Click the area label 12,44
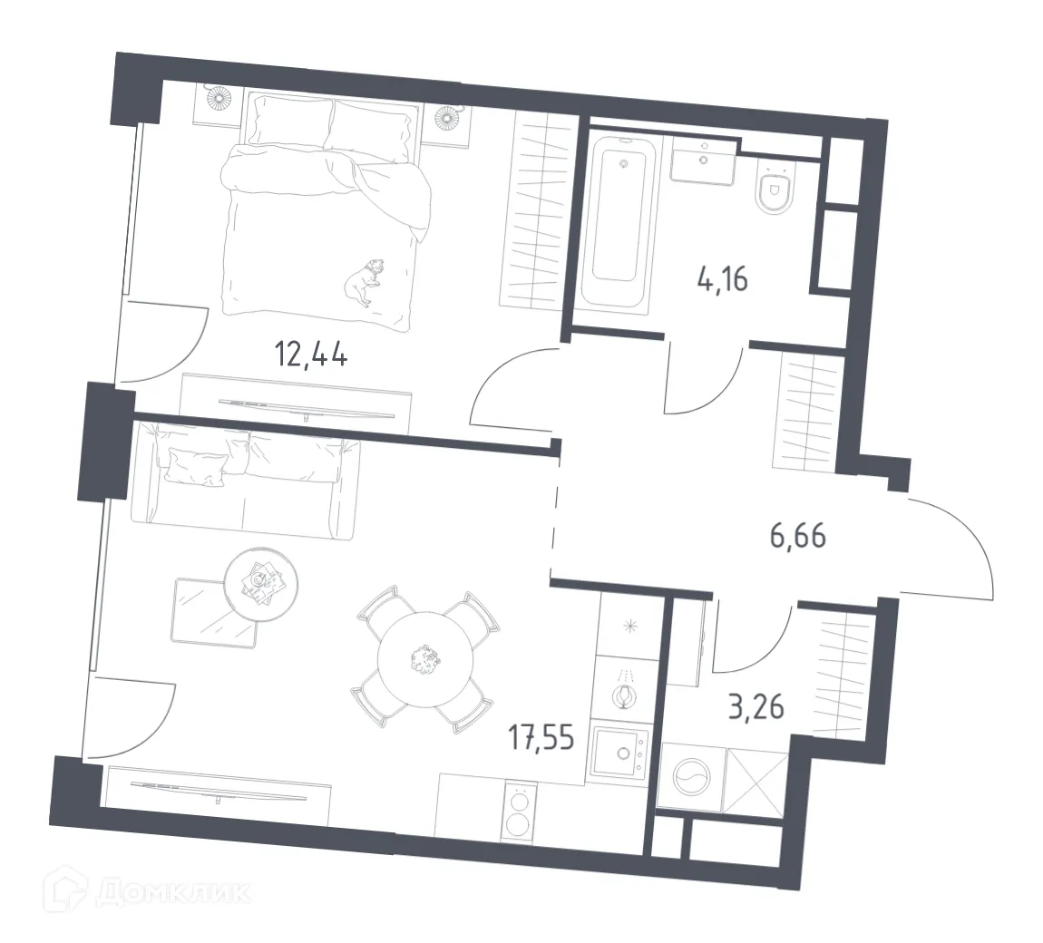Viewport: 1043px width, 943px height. click(x=311, y=353)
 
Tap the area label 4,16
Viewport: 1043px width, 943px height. click(x=722, y=279)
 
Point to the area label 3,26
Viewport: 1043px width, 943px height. click(x=755, y=705)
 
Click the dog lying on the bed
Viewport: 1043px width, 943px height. click(x=362, y=283)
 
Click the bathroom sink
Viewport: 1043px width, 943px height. click(x=705, y=163)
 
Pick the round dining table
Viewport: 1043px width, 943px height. click(x=423, y=657)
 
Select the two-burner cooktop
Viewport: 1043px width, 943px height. click(x=519, y=812)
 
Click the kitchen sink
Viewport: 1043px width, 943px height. click(x=619, y=752)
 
